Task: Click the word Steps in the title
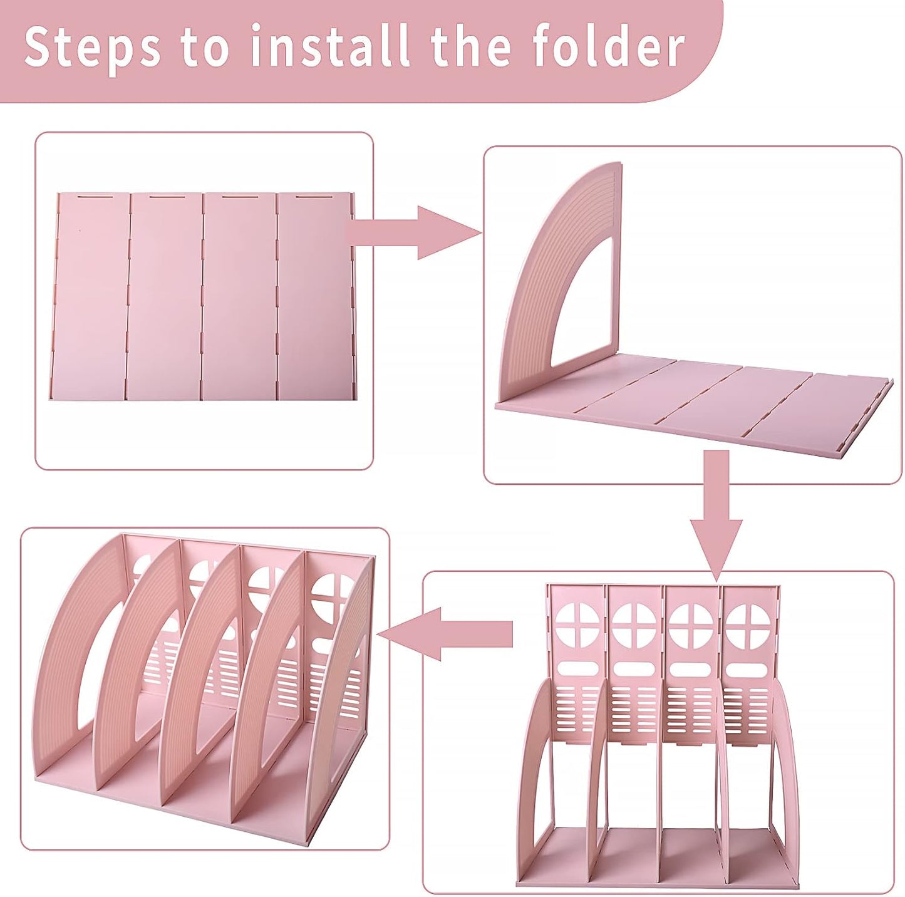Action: pos(91,48)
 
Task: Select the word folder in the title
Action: pos(608,46)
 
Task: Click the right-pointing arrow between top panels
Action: pos(413,232)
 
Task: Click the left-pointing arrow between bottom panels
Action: pos(445,634)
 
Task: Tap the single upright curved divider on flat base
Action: pos(564,282)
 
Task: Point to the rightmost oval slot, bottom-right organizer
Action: pos(748,669)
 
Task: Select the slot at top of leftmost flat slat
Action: pos(93,198)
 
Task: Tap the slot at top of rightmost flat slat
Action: pos(313,198)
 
